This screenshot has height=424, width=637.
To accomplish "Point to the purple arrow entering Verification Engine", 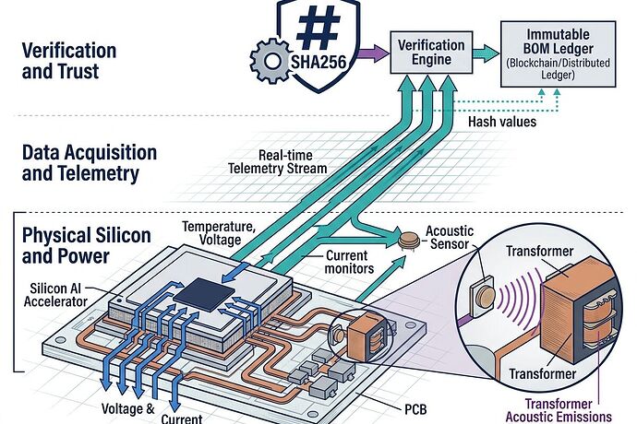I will (x=372, y=55).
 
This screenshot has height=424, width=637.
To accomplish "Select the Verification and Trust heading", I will (x=69, y=60).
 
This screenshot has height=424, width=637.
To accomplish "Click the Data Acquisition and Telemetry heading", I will (x=89, y=162).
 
